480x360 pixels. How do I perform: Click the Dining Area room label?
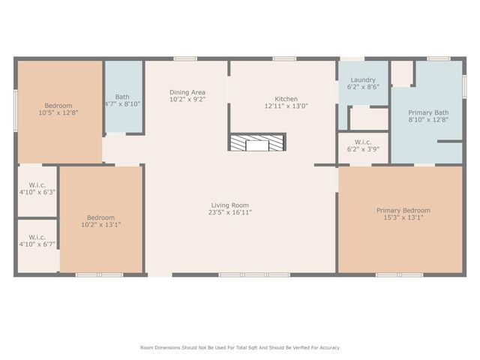point(187,92)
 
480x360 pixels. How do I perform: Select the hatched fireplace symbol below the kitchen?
point(257,142)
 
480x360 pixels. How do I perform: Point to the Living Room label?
point(229,205)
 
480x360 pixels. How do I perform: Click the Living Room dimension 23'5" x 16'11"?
point(229,212)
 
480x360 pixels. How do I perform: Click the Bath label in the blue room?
point(122,97)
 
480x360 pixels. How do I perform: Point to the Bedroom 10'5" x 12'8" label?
point(58,106)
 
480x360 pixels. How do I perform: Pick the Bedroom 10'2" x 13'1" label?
point(100,217)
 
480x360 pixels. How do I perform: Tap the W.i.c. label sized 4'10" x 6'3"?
point(37,185)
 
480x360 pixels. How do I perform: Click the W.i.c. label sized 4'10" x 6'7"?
point(37,237)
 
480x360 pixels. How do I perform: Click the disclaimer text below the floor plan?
point(240,347)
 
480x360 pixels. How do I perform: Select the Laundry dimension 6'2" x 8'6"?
point(363,87)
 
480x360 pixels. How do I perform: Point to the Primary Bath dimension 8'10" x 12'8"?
point(427,119)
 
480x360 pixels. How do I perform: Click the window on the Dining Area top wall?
point(185,58)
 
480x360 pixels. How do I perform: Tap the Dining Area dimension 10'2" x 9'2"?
point(187,99)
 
